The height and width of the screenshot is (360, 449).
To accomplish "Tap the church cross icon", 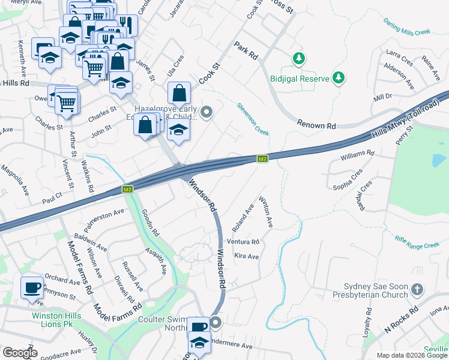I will point(418,290).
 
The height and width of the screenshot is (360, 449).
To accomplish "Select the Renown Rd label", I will point(316,124).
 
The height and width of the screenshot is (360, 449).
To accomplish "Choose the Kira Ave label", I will point(246,256).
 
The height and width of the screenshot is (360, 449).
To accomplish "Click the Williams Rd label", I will point(357,154).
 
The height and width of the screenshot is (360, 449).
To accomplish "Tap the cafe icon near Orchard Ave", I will point(31,287).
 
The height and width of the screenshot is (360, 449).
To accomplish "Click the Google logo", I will point(20,353).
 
